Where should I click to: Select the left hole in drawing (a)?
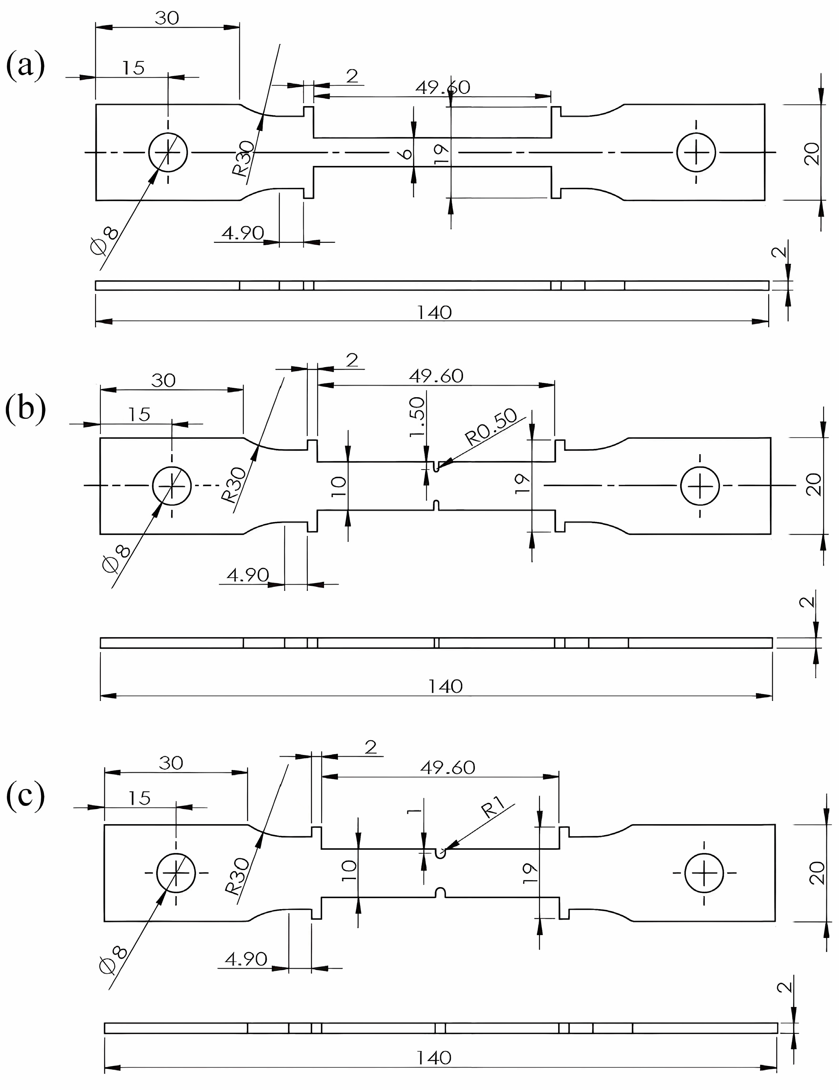pos(168,152)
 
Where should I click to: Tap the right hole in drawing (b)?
pos(700,485)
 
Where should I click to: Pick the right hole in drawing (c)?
pos(704,873)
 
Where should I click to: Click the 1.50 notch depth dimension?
pos(417,417)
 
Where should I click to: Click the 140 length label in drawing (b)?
pos(445,687)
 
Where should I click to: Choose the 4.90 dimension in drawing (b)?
pos(248,575)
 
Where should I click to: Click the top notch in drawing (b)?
pos(437,467)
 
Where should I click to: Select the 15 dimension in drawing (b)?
pos(139,414)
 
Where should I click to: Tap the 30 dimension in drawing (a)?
pos(167,18)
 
